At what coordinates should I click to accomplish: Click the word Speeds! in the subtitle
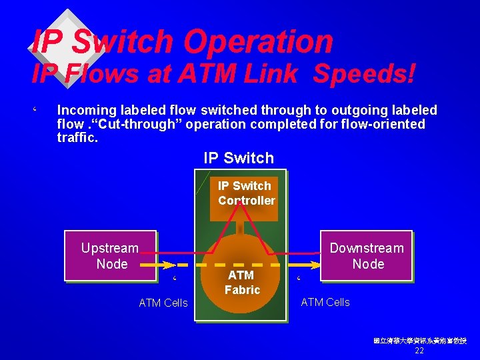[x=364, y=73]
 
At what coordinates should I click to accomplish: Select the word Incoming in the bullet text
[x=88, y=110]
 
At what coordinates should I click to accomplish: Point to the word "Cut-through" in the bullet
[x=122, y=124]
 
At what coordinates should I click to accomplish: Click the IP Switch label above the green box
[x=239, y=158]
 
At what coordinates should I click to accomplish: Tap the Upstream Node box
[x=110, y=256]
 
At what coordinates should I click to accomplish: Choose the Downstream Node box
[x=367, y=256]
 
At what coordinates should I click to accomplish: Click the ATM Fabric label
[x=241, y=282]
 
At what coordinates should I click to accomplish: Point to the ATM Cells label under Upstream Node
[x=163, y=303]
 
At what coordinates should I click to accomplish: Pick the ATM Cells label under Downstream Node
[x=325, y=302]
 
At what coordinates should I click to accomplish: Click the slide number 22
[x=419, y=351]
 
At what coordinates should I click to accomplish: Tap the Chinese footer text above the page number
[x=419, y=341]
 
